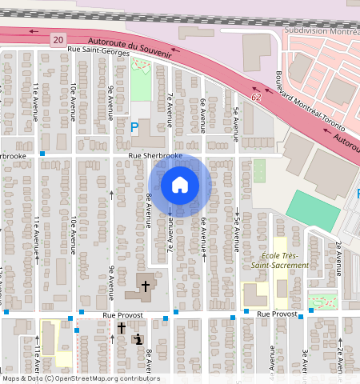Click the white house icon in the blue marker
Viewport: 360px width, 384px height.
[x=180, y=185]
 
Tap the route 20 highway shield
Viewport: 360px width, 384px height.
[x=57, y=39]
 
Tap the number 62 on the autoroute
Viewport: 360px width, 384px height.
[x=255, y=97]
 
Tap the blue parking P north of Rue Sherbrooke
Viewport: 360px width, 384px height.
[x=134, y=126]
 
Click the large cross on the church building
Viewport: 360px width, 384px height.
[x=146, y=285]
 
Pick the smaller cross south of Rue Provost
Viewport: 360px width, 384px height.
[x=122, y=327]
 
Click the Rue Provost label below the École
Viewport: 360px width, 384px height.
[x=277, y=315]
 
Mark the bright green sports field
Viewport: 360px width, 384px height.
[x=313, y=210]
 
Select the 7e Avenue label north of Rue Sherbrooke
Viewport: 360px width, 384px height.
[x=170, y=110]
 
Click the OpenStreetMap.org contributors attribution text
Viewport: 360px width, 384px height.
[x=107, y=378]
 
